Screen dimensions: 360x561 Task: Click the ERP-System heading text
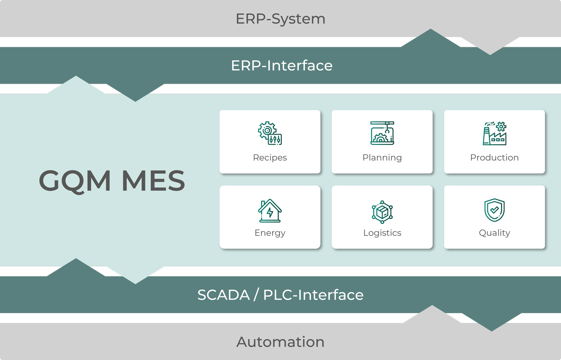point(280,19)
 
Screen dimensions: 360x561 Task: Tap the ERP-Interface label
point(282,66)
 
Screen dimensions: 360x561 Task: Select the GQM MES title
point(112,181)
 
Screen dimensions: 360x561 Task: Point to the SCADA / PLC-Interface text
point(280,295)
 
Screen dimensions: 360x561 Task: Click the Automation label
point(280,342)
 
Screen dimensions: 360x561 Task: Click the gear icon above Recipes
point(270,133)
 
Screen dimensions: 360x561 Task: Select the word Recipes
point(270,158)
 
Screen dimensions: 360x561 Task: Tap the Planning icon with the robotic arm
point(382,133)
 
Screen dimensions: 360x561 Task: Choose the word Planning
point(382,158)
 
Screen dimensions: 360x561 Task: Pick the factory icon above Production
point(494,133)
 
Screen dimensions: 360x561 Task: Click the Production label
point(494,158)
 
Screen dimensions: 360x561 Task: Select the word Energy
point(270,233)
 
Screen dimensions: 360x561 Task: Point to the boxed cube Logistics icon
point(382,211)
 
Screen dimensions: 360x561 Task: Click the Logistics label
point(382,233)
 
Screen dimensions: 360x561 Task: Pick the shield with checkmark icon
point(494,210)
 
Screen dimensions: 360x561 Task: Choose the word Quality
point(494,233)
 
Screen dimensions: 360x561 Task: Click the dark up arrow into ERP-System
point(431,38)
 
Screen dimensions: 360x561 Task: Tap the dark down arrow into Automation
point(492,322)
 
